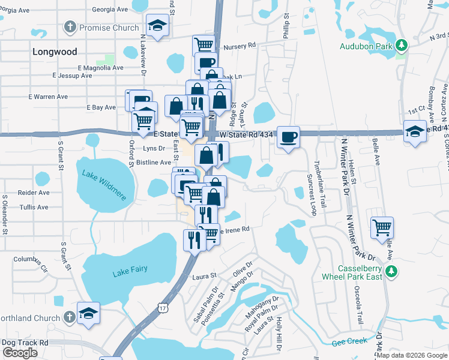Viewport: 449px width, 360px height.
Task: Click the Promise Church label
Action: [x=109, y=28]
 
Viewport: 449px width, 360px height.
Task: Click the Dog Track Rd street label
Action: [x=25, y=343]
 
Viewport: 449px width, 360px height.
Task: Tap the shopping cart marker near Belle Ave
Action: [x=382, y=227]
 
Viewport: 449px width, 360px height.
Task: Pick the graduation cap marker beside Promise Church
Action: [x=158, y=25]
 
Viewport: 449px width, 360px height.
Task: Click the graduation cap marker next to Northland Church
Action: [x=88, y=313]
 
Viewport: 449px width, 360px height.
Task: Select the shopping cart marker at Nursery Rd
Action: [x=204, y=44]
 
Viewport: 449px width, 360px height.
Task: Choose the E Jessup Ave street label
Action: [x=72, y=76]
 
